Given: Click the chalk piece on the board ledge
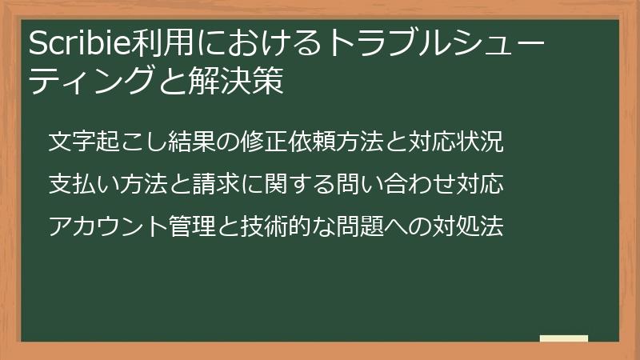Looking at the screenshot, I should [x=563, y=338].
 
